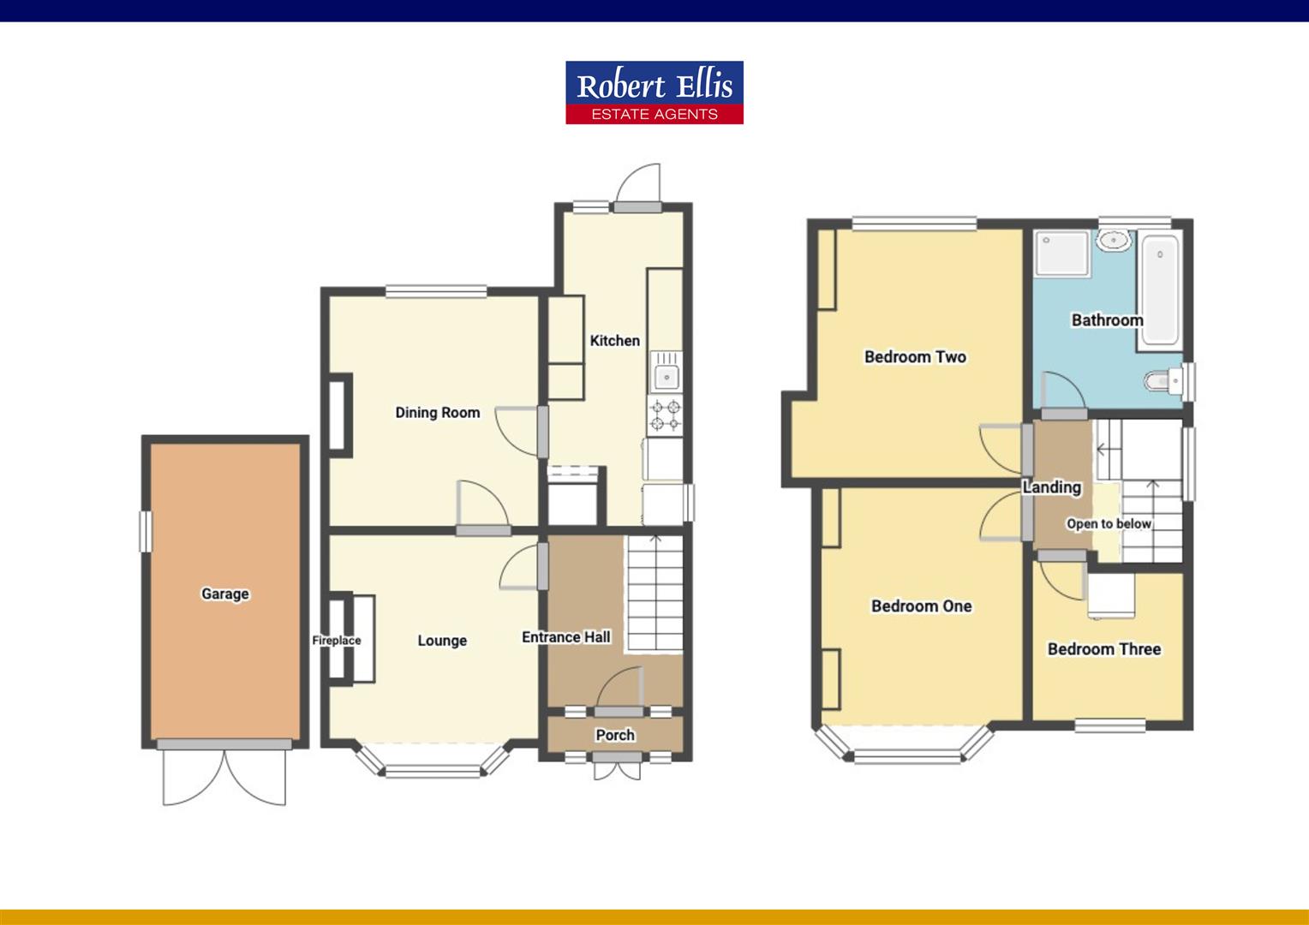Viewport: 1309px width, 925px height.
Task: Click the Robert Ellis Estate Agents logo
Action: [x=654, y=92]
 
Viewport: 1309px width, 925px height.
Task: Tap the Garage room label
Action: [x=224, y=594]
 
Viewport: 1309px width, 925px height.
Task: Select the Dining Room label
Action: [x=437, y=413]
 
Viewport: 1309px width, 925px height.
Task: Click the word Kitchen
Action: [x=614, y=341]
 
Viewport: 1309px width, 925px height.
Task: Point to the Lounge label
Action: [x=442, y=641]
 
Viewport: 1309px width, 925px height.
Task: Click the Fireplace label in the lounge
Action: [x=336, y=641]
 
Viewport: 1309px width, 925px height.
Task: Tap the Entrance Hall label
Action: [x=566, y=637]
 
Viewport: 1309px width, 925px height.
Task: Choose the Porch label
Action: [x=615, y=735]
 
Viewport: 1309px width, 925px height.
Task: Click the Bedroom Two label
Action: [x=915, y=357]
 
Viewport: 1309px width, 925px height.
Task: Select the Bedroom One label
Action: [x=921, y=606]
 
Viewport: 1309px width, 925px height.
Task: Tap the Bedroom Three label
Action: [x=1103, y=649]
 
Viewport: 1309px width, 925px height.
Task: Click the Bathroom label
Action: [x=1107, y=320]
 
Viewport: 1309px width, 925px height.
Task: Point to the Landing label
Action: [x=1051, y=487]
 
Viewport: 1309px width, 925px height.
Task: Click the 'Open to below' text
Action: [x=1109, y=524]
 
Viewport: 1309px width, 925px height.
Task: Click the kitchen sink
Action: [x=666, y=374]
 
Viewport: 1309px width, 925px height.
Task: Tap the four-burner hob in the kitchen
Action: [x=666, y=415]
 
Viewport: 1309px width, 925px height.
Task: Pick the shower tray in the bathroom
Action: [x=1062, y=254]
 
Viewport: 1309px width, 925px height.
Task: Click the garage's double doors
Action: [x=224, y=774]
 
